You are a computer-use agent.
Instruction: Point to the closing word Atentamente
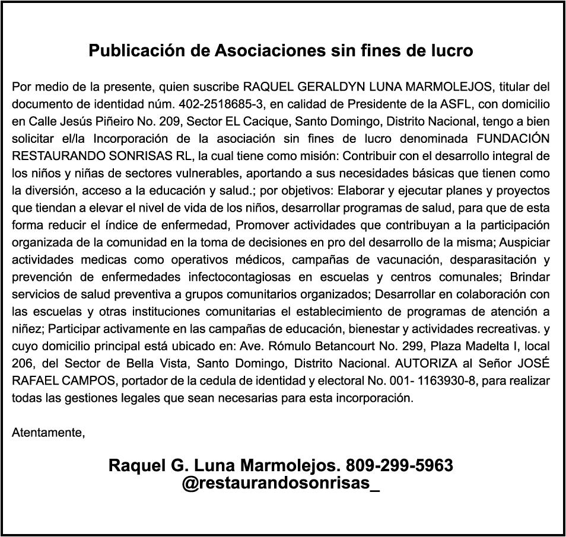[x=48, y=432]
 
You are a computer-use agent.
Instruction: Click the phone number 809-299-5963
[x=399, y=466]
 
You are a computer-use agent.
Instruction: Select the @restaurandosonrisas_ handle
[x=281, y=483]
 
